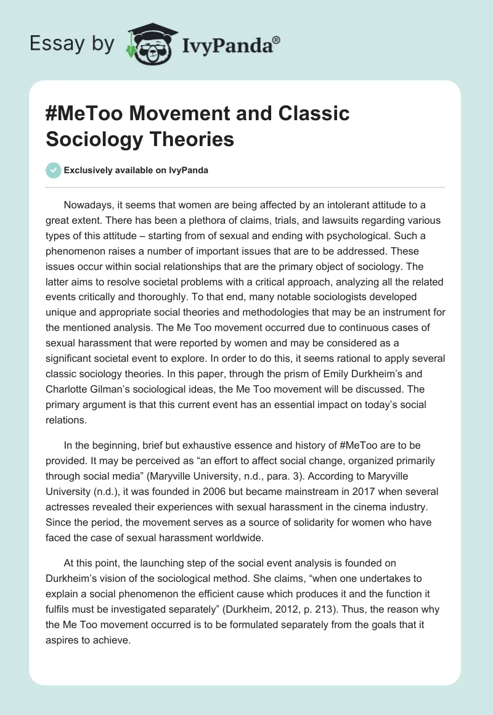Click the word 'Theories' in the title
(195, 139)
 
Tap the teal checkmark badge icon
(54, 170)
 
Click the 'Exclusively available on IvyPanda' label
(137, 171)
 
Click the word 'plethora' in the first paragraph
(200, 221)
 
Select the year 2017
(354, 492)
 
